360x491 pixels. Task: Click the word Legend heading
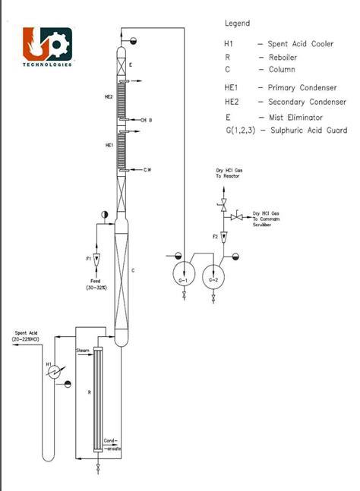237,24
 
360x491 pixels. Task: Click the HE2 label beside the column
109,97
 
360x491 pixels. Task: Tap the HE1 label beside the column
109,144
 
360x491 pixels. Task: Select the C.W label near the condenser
147,171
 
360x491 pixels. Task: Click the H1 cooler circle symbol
53,372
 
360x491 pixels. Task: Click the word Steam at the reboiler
84,350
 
